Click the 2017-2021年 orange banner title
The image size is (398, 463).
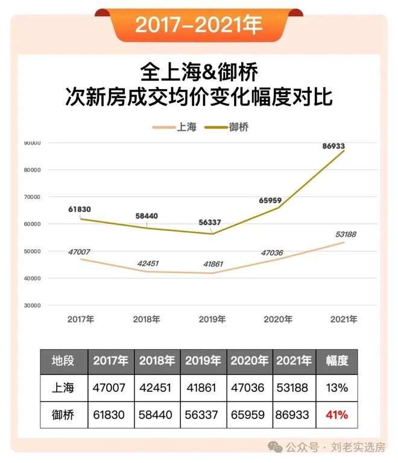pyautogui.click(x=198, y=25)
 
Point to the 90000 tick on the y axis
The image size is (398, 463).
pyautogui.click(x=31, y=143)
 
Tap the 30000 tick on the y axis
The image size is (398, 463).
pyautogui.click(x=31, y=305)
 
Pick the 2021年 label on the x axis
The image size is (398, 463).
pyautogui.click(x=344, y=319)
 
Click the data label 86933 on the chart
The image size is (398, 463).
pyautogui.click(x=338, y=146)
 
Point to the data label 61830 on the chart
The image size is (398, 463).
pyautogui.click(x=79, y=209)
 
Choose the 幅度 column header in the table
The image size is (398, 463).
pyautogui.click(x=337, y=361)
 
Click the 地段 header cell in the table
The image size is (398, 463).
pyautogui.click(x=64, y=361)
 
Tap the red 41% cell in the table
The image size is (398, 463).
pyautogui.click(x=337, y=415)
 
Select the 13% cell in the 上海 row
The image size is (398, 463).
pyautogui.click(x=337, y=388)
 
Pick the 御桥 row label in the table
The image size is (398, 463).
pyautogui.click(x=64, y=415)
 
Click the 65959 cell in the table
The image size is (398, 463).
pyautogui.click(x=250, y=415)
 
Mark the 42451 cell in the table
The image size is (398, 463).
pyautogui.click(x=157, y=388)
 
